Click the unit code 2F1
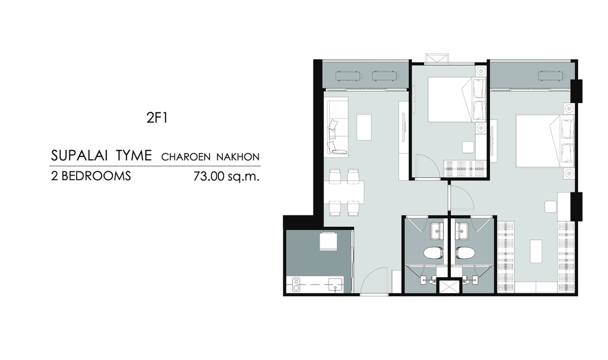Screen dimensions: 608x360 point(157,118)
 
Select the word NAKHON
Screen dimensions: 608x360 point(238,157)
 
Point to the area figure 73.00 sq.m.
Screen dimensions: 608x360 point(226,177)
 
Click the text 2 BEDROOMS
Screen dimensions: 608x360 point(91,176)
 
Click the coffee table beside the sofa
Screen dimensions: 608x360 point(364,127)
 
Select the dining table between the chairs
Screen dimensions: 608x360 point(347,192)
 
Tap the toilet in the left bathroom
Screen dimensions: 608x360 point(434,253)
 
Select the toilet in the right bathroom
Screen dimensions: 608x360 point(465,253)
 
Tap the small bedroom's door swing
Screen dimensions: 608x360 point(428,166)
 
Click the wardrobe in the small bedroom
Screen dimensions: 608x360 point(464,169)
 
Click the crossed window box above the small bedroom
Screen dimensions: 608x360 point(437,58)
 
